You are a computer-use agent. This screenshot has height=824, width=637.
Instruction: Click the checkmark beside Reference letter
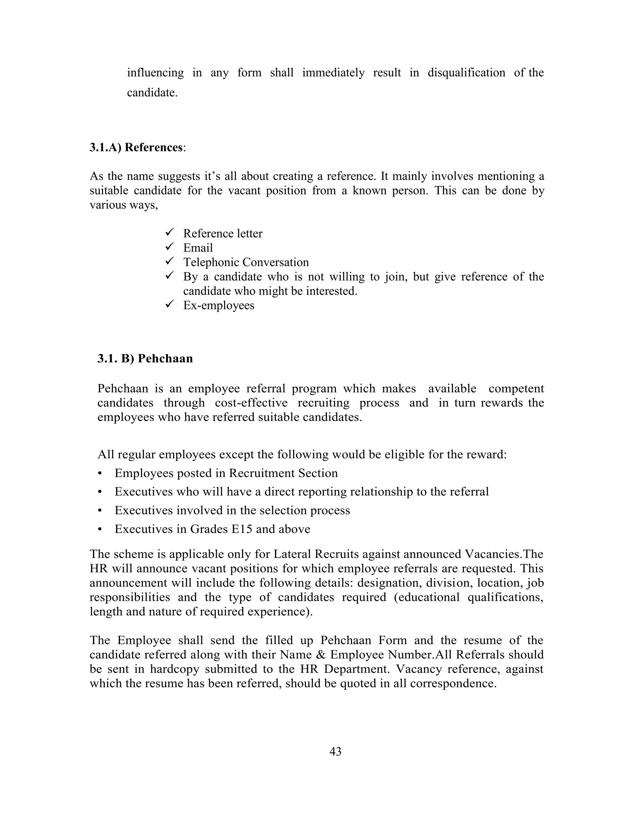tap(169, 232)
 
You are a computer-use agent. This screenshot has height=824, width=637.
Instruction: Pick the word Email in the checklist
tap(198, 248)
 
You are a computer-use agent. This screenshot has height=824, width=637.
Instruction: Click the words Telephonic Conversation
tap(246, 262)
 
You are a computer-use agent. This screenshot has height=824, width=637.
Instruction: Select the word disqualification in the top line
tap(466, 72)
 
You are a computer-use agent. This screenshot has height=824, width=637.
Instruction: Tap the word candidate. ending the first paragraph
tap(152, 92)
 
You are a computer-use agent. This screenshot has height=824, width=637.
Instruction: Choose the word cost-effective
tap(251, 403)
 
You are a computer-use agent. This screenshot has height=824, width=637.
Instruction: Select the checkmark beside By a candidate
tap(169, 275)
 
